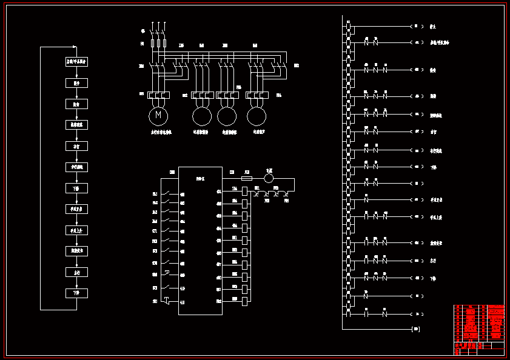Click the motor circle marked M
click(x=158, y=115)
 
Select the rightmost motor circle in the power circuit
click(x=257, y=115)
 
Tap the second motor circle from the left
click(x=202, y=115)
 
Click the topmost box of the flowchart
click(x=76, y=61)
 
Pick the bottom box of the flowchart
click(x=76, y=293)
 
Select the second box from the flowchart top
click(x=76, y=82)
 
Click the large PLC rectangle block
click(x=200, y=241)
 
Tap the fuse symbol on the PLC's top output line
click(x=247, y=178)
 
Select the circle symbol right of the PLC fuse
click(x=269, y=178)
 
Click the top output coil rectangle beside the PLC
click(x=244, y=192)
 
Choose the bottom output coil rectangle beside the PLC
click(x=244, y=301)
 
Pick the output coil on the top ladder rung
click(x=415, y=27)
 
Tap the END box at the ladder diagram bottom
click(x=415, y=329)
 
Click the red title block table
click(x=478, y=329)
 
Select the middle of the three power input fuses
click(x=158, y=44)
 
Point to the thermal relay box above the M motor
click(x=158, y=95)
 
